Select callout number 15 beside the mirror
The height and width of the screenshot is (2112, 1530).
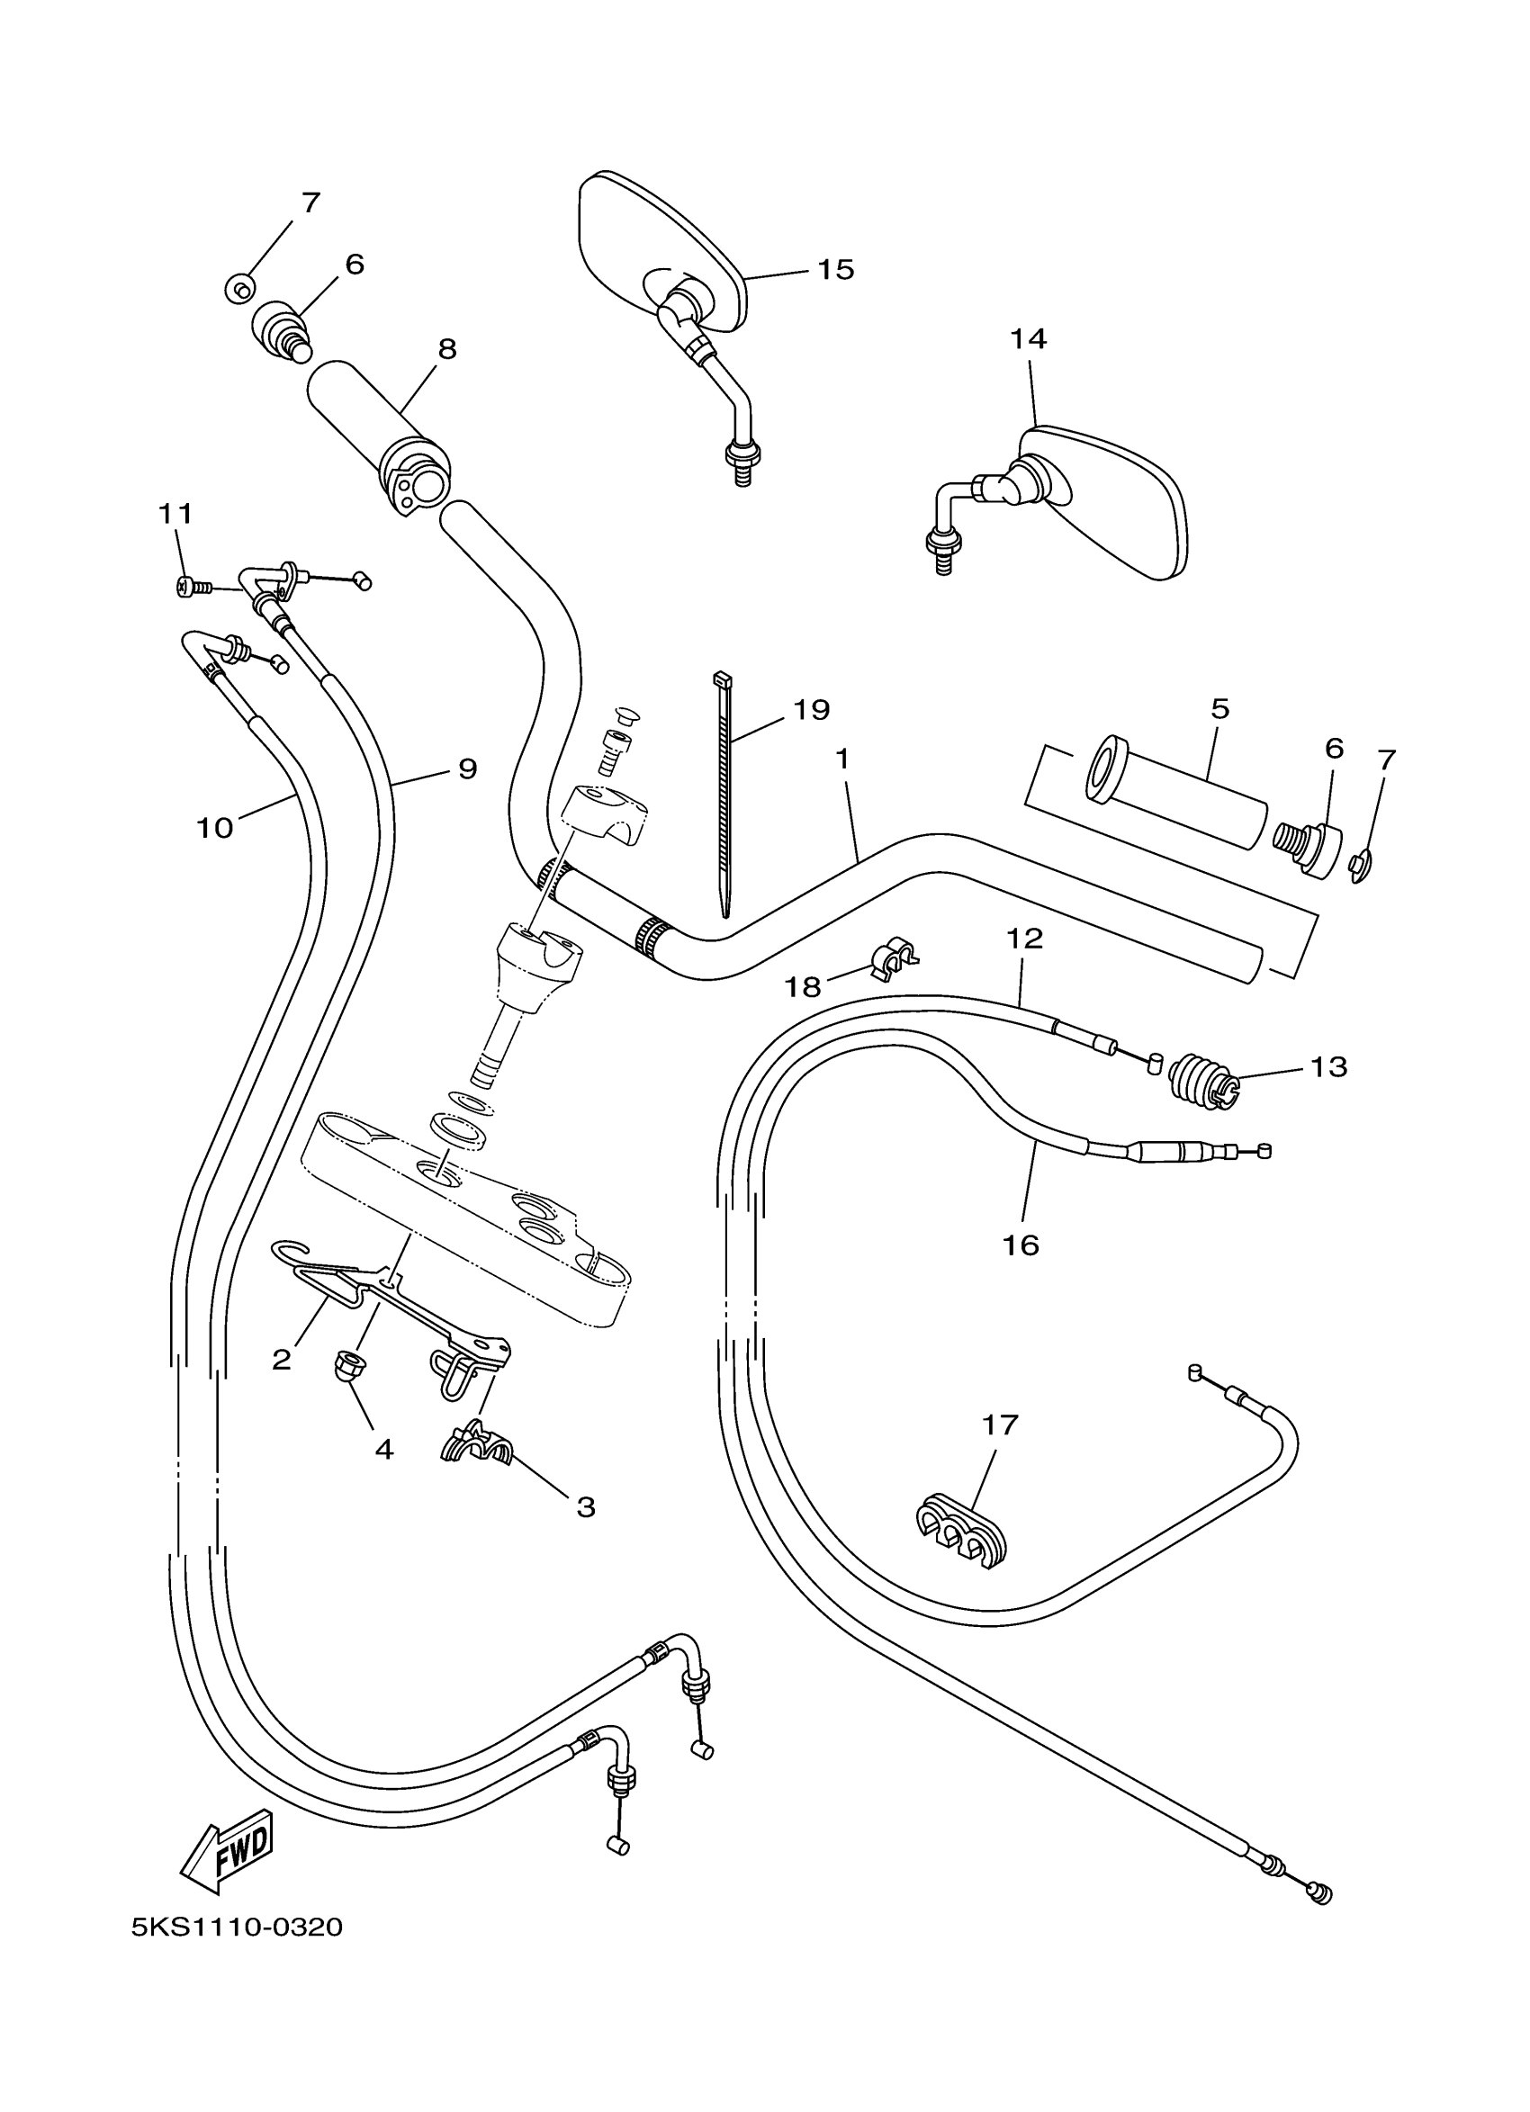tap(835, 269)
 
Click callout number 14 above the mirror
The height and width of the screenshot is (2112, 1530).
tap(1028, 339)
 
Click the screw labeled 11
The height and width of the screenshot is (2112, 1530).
tap(185, 587)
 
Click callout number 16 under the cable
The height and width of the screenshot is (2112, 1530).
tap(1021, 1245)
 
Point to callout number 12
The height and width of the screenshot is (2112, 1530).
tap(1024, 939)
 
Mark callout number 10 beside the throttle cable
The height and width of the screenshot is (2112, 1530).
tap(214, 827)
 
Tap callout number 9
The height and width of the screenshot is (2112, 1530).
tap(467, 768)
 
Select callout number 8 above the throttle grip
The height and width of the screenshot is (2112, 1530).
tap(447, 349)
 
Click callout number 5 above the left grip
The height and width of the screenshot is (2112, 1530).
tap(1219, 709)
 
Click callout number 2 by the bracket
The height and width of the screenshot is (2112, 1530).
tap(281, 1360)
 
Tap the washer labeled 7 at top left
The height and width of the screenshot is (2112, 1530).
tap(239, 290)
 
